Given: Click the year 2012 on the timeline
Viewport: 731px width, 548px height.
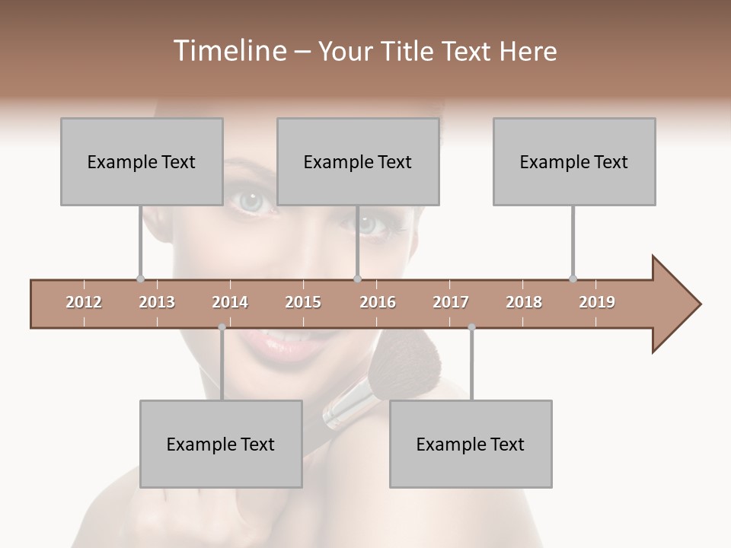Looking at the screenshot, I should click(x=84, y=302).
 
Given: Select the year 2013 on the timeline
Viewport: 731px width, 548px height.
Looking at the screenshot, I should click(x=157, y=302).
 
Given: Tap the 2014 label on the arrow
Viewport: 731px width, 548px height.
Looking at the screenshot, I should click(x=230, y=302).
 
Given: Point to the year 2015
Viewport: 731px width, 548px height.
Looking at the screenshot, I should click(x=303, y=302).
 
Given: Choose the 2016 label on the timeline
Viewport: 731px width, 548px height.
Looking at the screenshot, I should click(x=378, y=302).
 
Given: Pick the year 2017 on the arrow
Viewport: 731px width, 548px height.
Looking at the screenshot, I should click(x=451, y=302).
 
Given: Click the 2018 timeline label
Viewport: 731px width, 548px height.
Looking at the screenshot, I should click(x=524, y=302).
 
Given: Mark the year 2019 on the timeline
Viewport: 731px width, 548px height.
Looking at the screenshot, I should click(x=597, y=302).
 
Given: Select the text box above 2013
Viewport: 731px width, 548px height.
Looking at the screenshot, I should click(x=142, y=161).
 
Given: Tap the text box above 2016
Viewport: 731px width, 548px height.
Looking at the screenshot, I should click(x=358, y=161).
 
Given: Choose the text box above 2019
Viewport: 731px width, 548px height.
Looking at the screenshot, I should click(x=574, y=161).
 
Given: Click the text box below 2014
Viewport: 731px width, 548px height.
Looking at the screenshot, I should click(x=221, y=444).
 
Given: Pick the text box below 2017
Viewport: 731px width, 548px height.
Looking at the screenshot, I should click(x=471, y=444).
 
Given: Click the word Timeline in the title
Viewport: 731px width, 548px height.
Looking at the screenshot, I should click(x=228, y=51).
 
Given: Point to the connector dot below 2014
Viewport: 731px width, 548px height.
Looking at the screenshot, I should click(x=222, y=327).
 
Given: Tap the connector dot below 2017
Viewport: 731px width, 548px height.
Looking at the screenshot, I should click(x=471, y=327).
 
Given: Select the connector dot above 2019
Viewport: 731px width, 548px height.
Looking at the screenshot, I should click(x=573, y=279).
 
